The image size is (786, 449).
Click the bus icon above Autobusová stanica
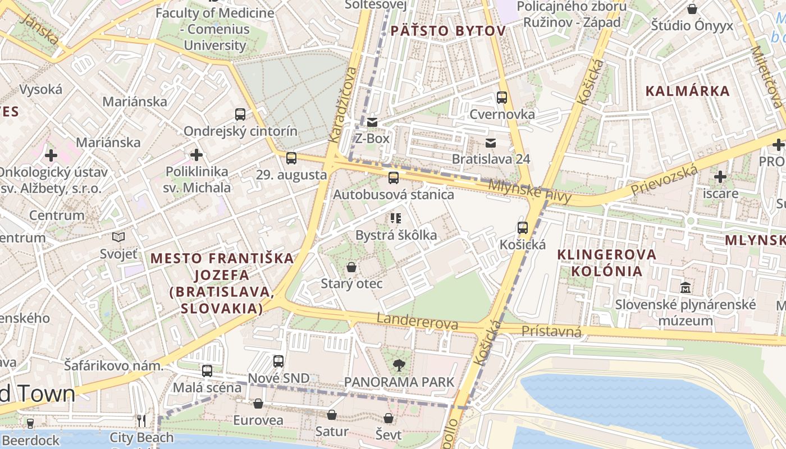394,178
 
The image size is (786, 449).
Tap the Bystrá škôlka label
396,235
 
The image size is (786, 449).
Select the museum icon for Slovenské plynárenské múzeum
686,288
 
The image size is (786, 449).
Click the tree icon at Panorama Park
399,365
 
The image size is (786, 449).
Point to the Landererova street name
417,321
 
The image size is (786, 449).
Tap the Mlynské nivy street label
529,191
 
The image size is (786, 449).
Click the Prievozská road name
664,181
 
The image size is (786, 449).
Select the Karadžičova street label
343,105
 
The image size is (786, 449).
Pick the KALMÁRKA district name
687,91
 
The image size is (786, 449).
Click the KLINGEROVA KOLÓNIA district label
606,263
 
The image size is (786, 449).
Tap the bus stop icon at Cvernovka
502,98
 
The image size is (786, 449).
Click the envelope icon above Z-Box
372,122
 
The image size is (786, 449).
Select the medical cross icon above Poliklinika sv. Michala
196,154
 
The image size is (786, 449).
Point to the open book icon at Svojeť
118,237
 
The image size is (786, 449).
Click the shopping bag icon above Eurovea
258,404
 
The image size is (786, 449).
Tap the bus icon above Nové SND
278,361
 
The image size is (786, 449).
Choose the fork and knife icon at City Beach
141,420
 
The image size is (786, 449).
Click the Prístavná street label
551,332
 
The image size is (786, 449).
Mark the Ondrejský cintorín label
241,131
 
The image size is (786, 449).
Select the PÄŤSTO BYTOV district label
448,31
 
